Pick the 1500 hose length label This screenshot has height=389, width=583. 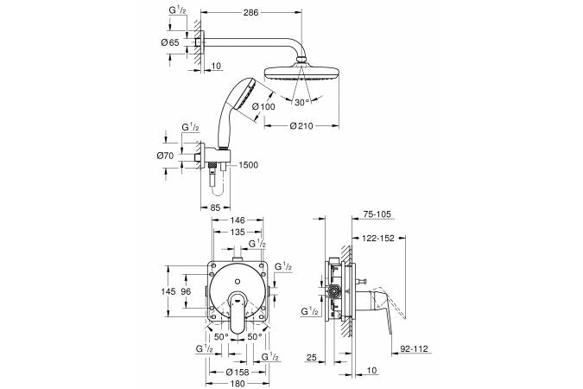pyautogui.click(x=249, y=163)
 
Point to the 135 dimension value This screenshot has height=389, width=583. pyautogui.click(x=236, y=233)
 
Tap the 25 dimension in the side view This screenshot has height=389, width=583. pyautogui.click(x=316, y=356)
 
